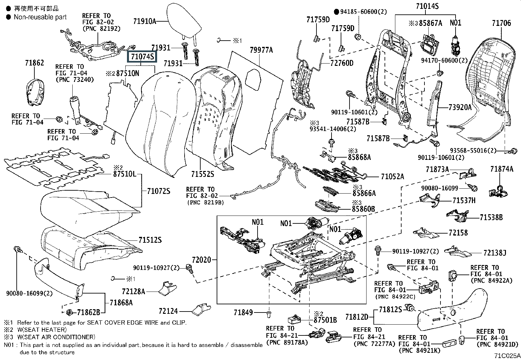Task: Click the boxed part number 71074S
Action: pos(142,57)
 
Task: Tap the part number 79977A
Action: pos(261,50)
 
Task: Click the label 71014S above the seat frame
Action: pos(427,6)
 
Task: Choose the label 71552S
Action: pos(203,174)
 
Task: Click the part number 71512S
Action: pos(150,240)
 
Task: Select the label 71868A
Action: pos(121,303)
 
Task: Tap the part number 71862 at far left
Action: pos(34,63)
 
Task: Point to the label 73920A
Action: pos(460,107)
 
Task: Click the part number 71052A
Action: pos(392,177)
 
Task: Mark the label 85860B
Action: pos(363,209)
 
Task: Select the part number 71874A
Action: pos(502,169)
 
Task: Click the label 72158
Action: pos(458,233)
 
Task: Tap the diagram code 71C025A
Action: pos(507,355)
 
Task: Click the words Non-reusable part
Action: pos(40,17)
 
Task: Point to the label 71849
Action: pos(243,313)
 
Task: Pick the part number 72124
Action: pos(168,311)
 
